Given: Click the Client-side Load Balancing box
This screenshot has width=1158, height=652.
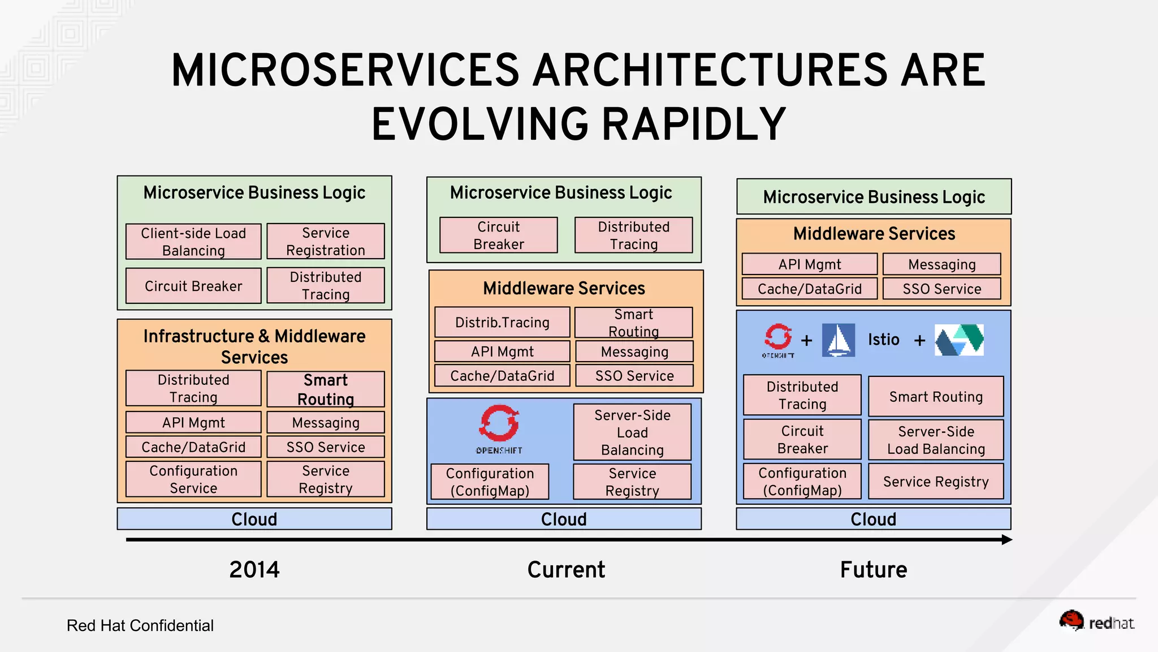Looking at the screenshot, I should click(x=193, y=242).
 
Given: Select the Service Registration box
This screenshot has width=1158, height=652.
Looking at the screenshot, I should click(x=326, y=242).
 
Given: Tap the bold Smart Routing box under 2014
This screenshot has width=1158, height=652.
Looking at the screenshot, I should click(x=326, y=389).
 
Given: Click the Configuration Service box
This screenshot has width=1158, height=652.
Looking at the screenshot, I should click(x=193, y=479).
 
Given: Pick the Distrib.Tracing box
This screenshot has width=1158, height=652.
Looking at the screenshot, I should click(x=502, y=323).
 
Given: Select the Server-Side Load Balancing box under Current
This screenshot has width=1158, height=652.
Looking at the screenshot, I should click(x=632, y=432).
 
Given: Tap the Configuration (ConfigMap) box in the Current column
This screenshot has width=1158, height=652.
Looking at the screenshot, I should click(x=490, y=482).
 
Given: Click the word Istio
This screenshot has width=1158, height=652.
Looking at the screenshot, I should click(x=883, y=340).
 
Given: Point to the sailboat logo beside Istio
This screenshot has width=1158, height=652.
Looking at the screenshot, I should click(x=838, y=340).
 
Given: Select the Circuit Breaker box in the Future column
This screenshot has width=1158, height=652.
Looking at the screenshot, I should click(x=802, y=440).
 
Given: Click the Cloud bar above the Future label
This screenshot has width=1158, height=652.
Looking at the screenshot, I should click(x=873, y=519).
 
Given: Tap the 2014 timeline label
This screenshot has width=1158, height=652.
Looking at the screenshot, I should click(x=254, y=569).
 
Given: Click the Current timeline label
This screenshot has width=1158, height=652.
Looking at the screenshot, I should click(x=566, y=569).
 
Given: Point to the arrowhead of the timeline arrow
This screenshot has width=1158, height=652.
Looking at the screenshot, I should click(x=1006, y=540).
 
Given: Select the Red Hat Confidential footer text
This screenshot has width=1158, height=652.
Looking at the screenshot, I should click(x=140, y=625).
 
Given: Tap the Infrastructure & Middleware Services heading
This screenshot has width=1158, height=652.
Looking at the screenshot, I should click(x=254, y=346).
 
